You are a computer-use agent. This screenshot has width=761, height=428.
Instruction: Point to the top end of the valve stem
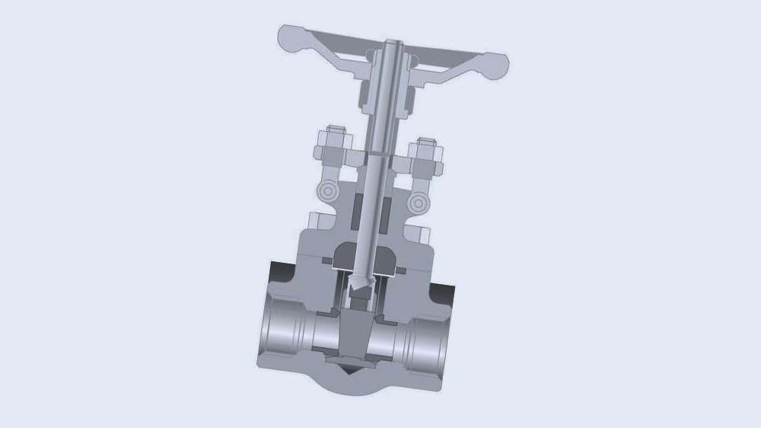click(x=394, y=43)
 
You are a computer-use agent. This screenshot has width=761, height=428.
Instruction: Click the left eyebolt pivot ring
click(x=327, y=190)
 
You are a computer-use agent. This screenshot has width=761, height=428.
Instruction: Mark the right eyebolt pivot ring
click(x=416, y=203)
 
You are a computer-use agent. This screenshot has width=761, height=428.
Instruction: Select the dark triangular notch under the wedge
click(x=349, y=371)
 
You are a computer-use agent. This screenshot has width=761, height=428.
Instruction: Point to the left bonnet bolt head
click(x=313, y=224)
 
